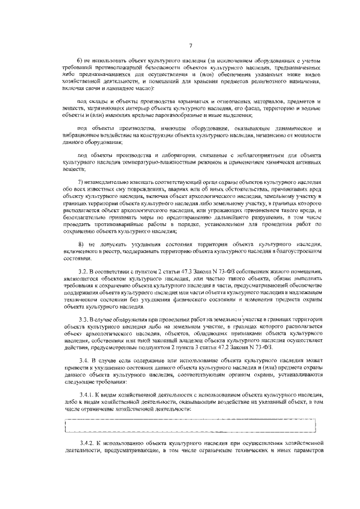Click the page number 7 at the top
tap(191, 46)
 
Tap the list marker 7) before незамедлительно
tap(80, 183)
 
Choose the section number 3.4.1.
tap(85, 395)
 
